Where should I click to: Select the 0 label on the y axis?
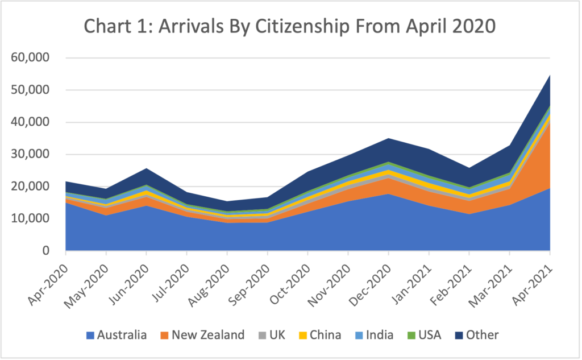46,251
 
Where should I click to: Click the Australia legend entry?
117,335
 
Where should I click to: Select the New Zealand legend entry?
203,335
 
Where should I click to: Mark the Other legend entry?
475,335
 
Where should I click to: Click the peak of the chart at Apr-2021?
549,75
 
